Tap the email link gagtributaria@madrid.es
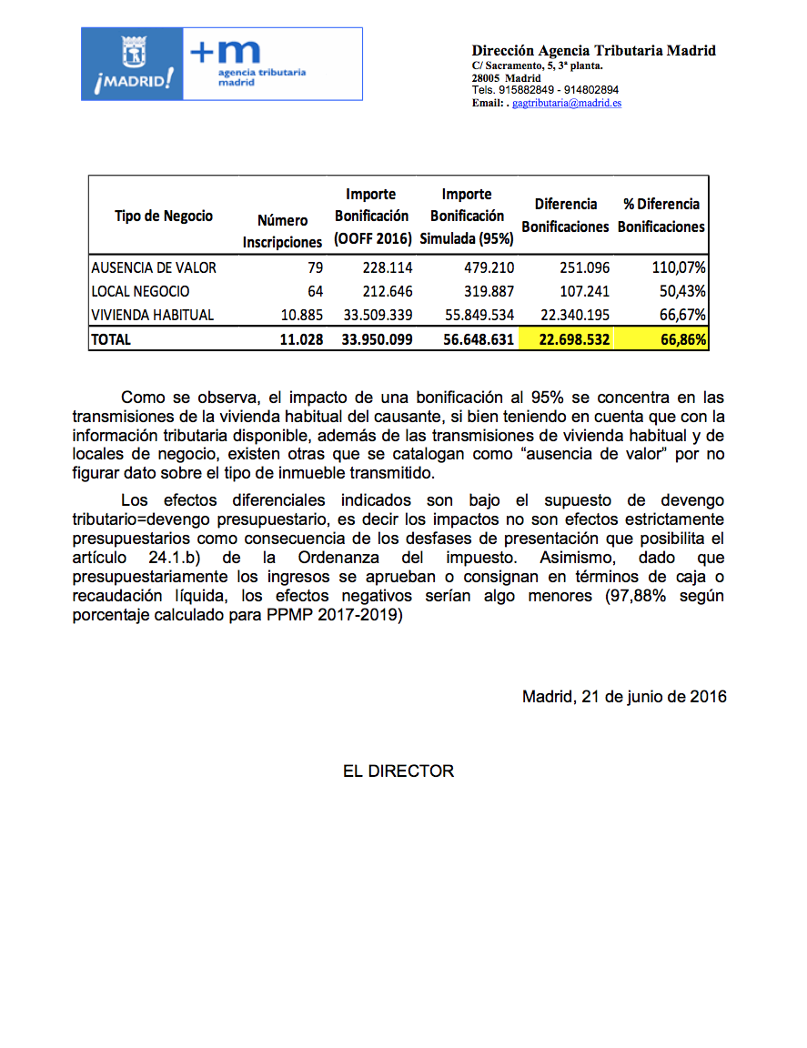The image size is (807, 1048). [x=567, y=104]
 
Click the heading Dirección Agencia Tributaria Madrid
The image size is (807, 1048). [x=593, y=51]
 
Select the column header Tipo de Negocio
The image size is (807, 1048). [x=164, y=216]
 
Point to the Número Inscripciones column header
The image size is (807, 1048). [x=282, y=231]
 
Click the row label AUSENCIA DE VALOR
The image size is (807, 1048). [x=154, y=268]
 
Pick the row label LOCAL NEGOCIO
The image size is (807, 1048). [x=140, y=292]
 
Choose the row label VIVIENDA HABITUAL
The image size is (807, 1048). [x=153, y=316]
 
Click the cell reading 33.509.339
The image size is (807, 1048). [x=374, y=316]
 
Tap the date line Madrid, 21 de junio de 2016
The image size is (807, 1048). [x=624, y=697]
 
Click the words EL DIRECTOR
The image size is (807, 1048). [x=398, y=771]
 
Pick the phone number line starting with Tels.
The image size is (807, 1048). [x=545, y=90]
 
